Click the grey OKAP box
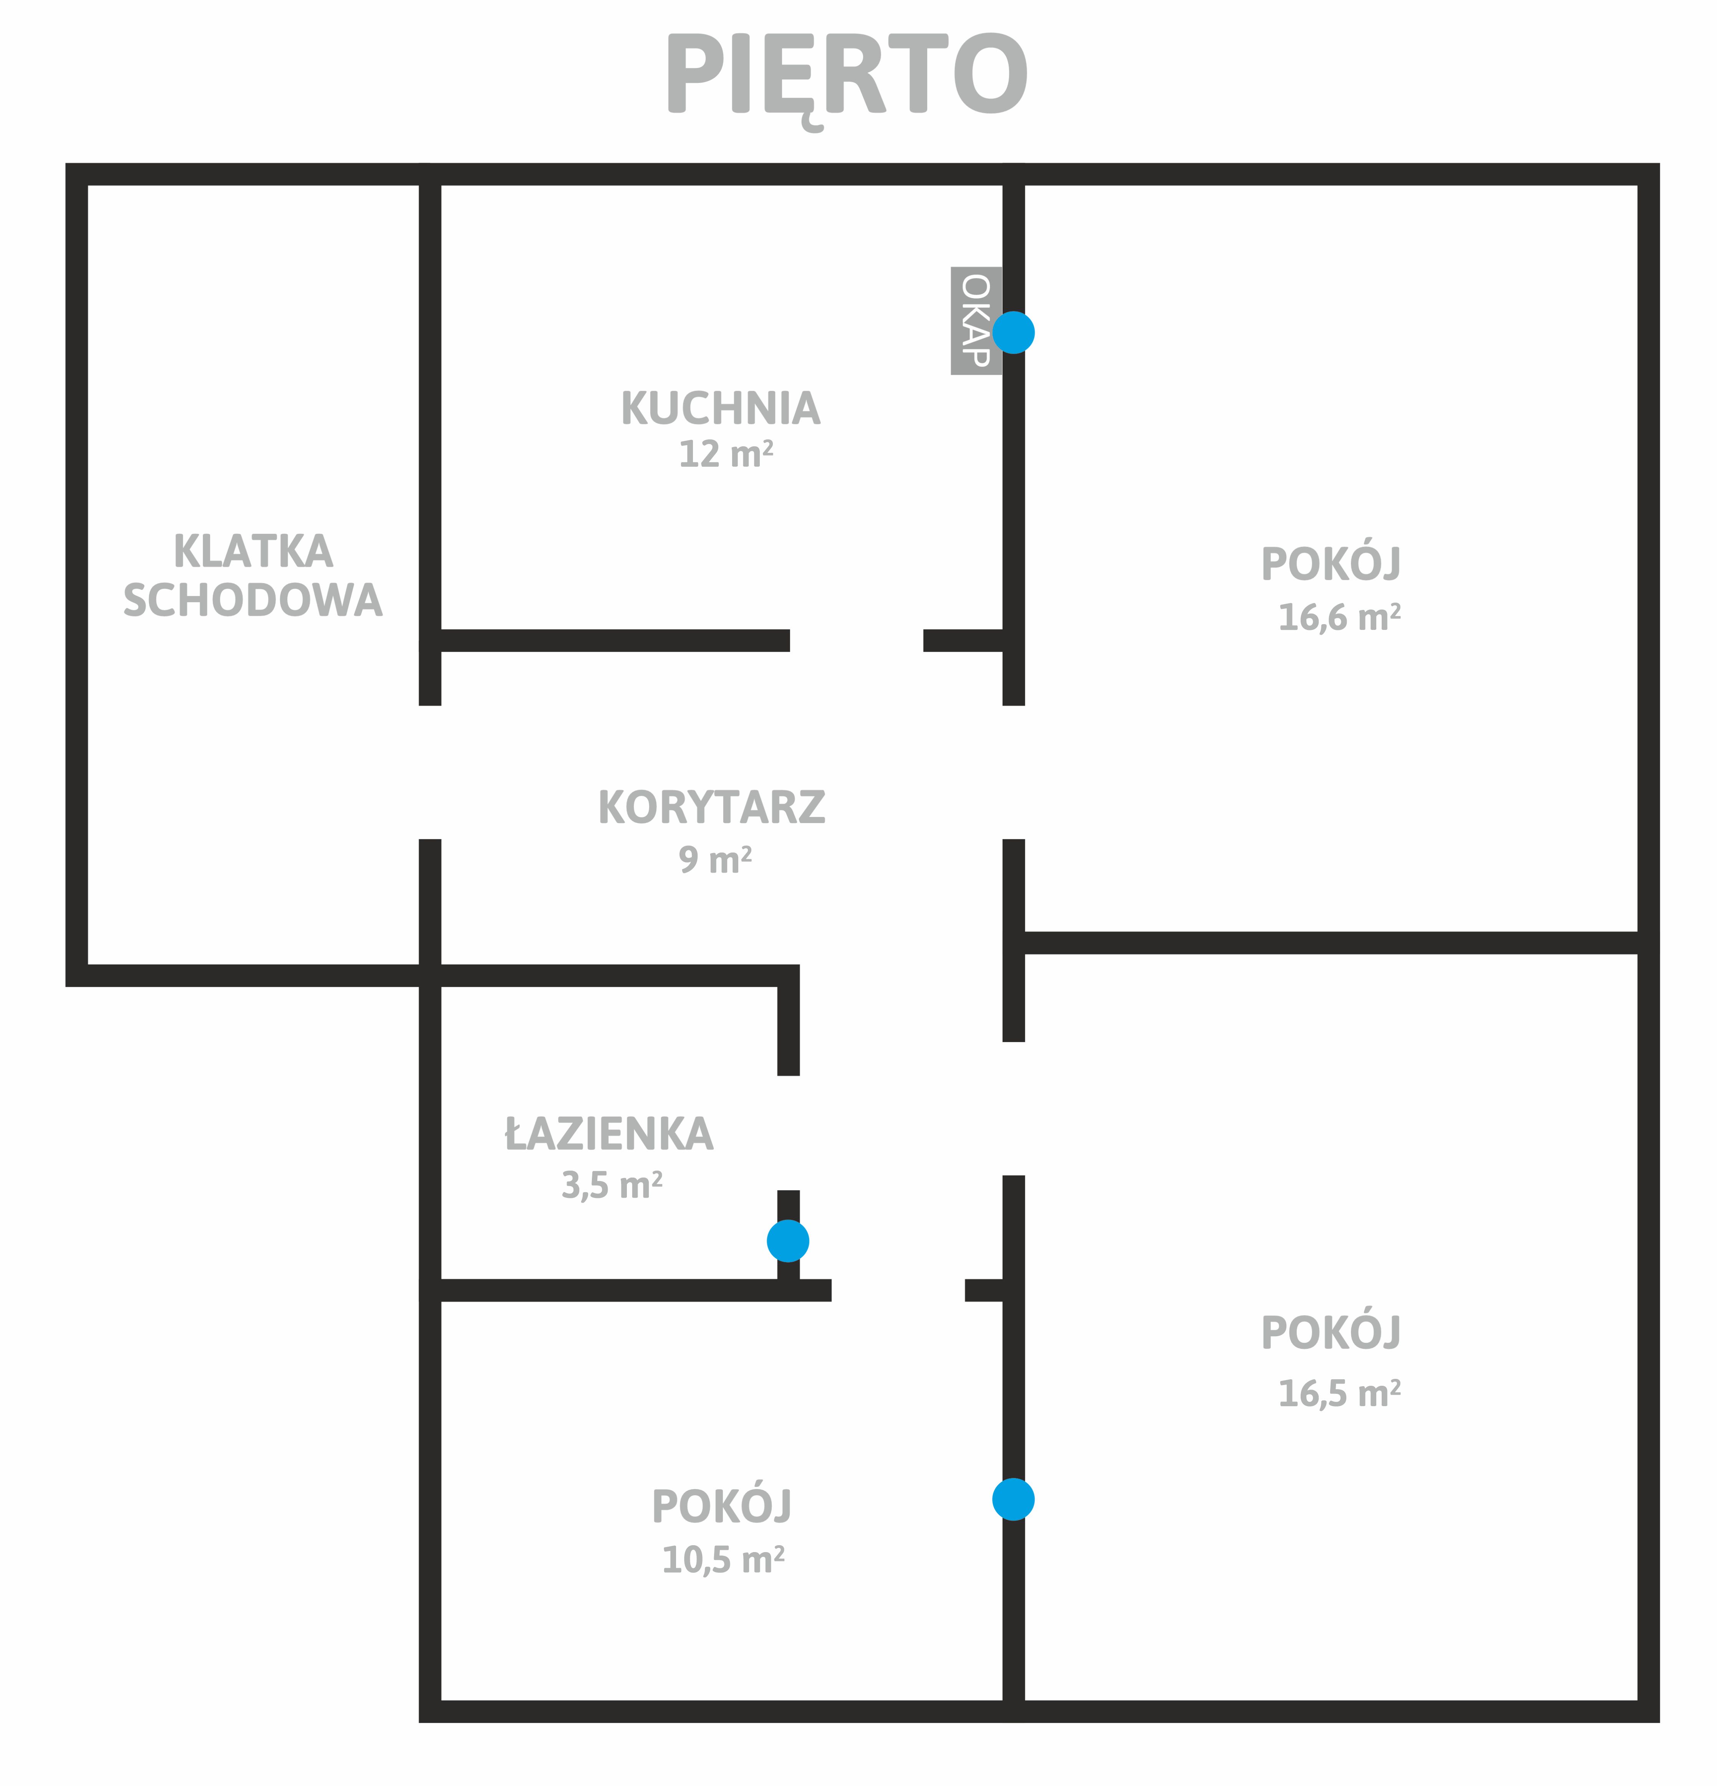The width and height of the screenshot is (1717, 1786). click(976, 321)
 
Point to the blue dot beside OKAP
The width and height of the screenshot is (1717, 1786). click(1013, 333)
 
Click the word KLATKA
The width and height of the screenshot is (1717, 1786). click(254, 551)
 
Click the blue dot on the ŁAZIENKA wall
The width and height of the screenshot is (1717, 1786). click(788, 1241)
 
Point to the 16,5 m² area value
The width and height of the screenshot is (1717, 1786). click(1340, 1393)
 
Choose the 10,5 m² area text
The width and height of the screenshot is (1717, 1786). click(724, 1560)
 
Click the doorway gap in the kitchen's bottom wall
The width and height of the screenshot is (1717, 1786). click(857, 641)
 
